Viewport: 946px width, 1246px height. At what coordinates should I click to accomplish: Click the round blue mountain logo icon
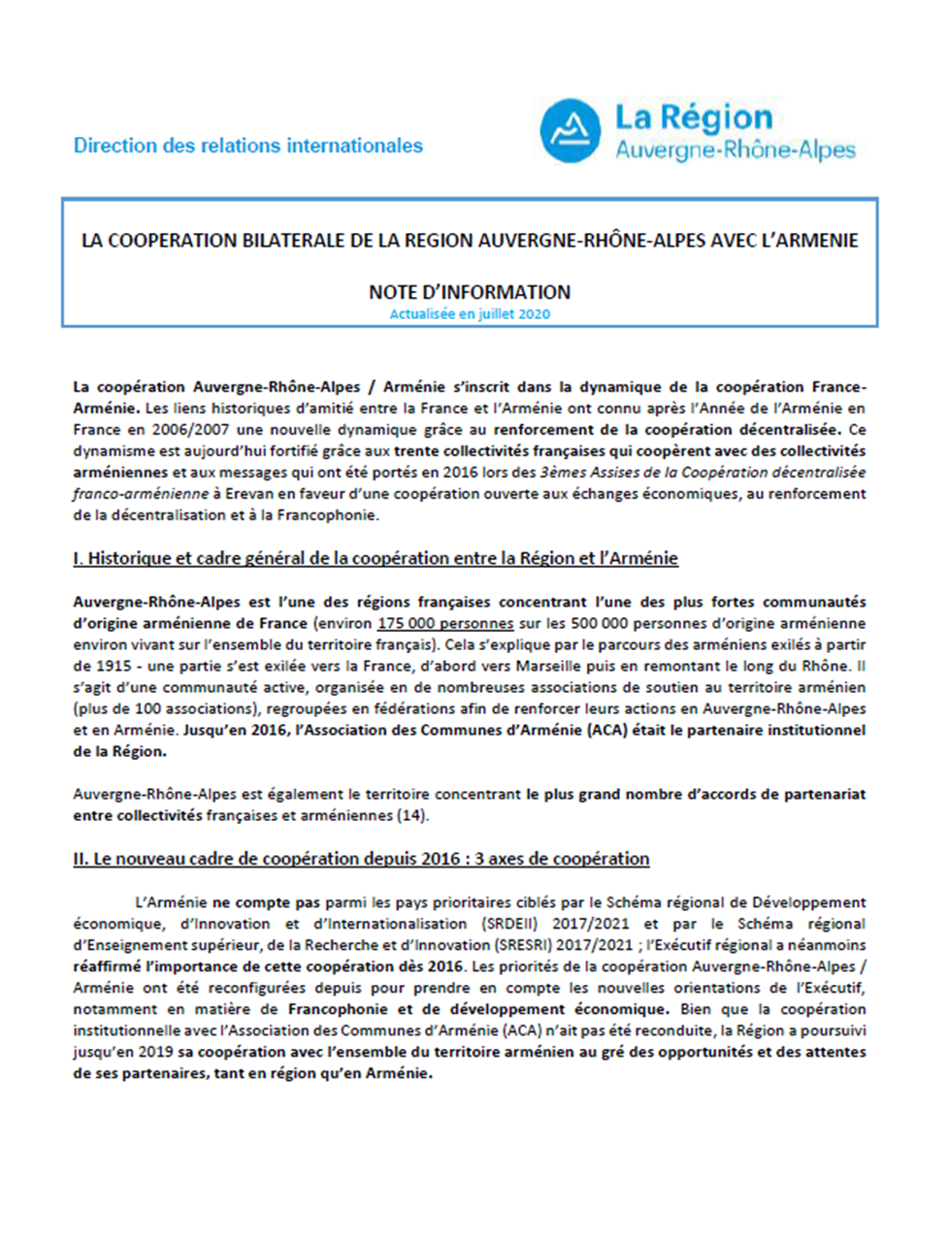point(570,131)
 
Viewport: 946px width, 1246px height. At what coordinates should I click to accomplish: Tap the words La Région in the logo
point(694,118)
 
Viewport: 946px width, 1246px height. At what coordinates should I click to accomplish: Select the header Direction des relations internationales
point(248,146)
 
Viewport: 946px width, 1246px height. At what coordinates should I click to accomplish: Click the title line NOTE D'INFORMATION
point(470,292)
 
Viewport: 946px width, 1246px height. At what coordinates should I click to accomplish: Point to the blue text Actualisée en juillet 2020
point(470,314)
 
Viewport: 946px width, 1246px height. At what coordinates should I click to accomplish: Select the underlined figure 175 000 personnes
point(445,623)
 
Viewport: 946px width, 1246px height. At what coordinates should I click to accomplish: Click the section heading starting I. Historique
point(375,558)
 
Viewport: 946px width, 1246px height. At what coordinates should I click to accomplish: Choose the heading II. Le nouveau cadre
point(361,859)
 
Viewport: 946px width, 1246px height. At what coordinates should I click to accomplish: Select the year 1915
point(114,666)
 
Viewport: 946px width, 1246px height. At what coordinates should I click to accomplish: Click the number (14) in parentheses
point(412,815)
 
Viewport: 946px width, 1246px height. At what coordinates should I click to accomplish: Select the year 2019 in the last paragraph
point(155,1052)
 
